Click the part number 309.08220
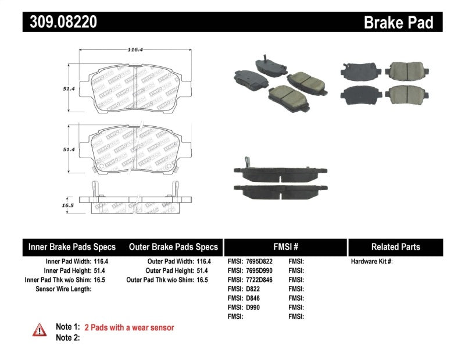click(x=60, y=22)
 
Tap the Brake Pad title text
click(x=398, y=23)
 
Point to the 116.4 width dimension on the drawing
click(x=135, y=50)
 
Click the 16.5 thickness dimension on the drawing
click(x=68, y=205)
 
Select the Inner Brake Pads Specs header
click(x=72, y=247)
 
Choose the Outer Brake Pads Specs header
click(x=173, y=247)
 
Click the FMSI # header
click(x=285, y=247)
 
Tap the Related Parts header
click(x=395, y=247)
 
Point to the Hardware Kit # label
click(x=371, y=262)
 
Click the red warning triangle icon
click(x=40, y=330)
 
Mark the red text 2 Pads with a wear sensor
click(x=129, y=328)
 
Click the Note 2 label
click(x=67, y=337)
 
